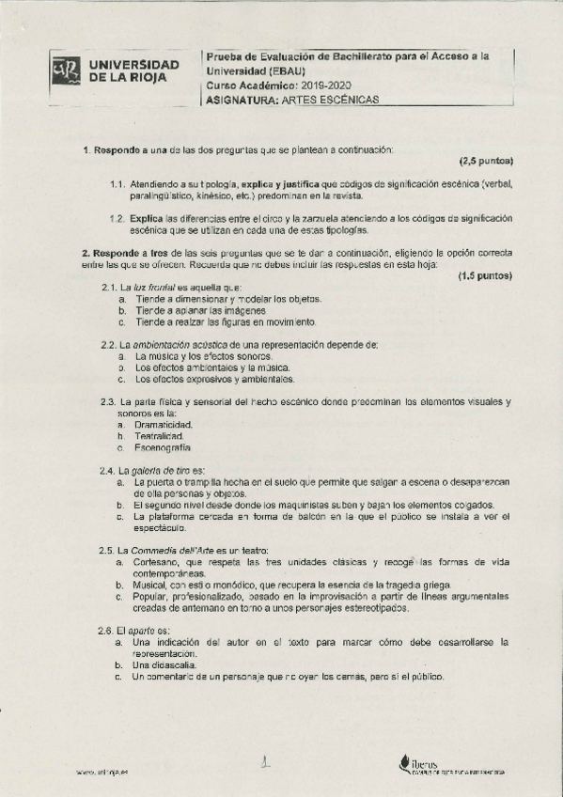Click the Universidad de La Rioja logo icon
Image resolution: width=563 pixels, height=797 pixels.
click(x=66, y=71)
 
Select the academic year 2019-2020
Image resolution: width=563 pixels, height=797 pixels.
click(x=321, y=85)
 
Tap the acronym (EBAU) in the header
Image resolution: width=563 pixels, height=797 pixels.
click(x=279, y=70)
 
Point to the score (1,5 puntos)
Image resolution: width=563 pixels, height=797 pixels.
click(x=485, y=276)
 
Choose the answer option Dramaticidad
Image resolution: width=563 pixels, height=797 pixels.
click(x=164, y=425)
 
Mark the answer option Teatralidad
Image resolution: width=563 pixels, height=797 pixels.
click(x=159, y=436)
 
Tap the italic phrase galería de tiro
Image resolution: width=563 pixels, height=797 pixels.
click(x=162, y=470)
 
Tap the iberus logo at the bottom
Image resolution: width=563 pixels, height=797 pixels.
click(x=427, y=765)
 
